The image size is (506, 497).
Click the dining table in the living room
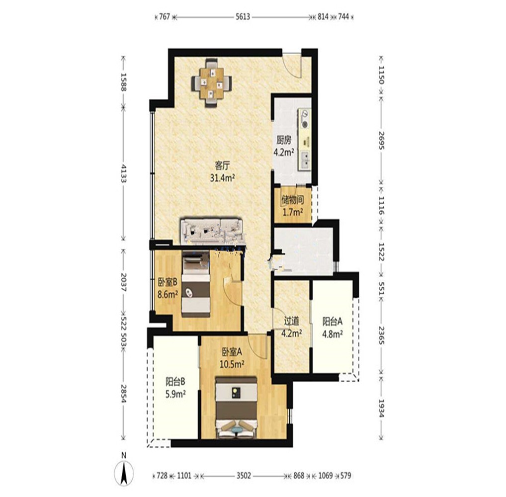point(212,83)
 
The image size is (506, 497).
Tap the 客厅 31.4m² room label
point(222,171)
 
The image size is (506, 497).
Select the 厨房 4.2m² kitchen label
point(284,146)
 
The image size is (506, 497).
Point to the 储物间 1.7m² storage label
point(293,206)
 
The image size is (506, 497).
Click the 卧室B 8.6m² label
point(168,288)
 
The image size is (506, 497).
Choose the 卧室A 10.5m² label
point(232,357)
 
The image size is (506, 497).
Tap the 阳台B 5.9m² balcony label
point(175,388)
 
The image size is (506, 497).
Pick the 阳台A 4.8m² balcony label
point(333,327)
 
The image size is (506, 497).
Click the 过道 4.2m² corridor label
point(291,327)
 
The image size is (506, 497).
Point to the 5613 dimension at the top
point(243,16)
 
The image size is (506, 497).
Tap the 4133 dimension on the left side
point(123,173)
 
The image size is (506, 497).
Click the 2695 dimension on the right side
point(381,140)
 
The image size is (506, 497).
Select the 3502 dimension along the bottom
point(244,475)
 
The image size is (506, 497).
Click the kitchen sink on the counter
point(305,160)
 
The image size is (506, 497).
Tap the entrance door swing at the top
point(292,64)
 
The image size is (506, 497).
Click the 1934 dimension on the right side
point(381,408)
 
